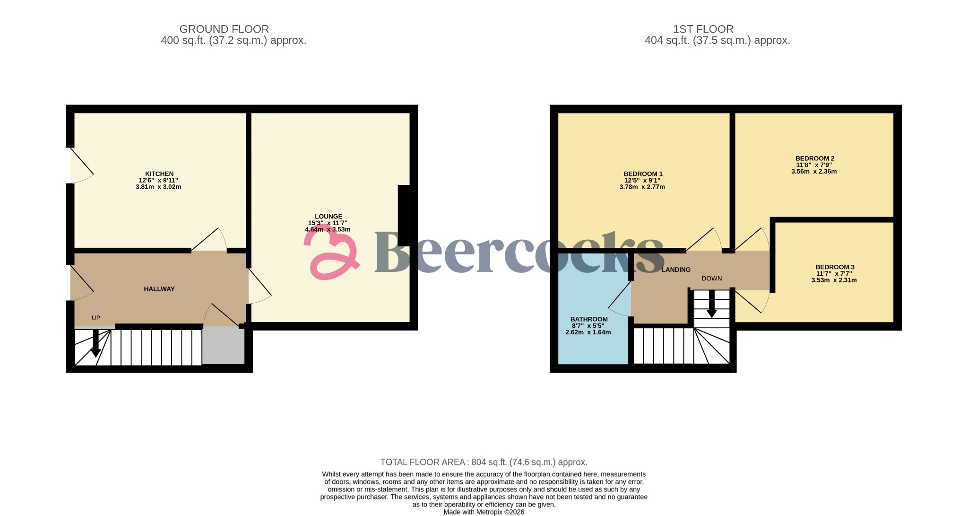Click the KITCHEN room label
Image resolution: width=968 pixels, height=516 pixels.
click(159, 174)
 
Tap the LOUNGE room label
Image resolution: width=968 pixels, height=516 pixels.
click(328, 217)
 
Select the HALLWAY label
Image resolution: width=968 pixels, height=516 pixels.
click(159, 289)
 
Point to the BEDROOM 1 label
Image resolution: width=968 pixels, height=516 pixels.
click(643, 174)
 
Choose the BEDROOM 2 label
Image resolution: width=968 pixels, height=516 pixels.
click(814, 158)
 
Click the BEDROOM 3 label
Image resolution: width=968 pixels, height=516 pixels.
click(834, 267)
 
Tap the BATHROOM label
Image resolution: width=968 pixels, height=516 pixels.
click(588, 319)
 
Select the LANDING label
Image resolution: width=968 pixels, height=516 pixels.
click(676, 270)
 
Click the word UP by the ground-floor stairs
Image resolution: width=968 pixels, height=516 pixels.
click(96, 318)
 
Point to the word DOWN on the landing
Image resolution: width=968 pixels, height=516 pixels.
click(711, 279)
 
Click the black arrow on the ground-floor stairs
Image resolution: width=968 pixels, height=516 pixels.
click(95, 344)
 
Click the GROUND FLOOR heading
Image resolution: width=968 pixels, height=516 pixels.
click(224, 29)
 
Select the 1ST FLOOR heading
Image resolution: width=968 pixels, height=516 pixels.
click(703, 29)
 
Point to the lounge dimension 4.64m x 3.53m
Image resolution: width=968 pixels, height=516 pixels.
click(328, 230)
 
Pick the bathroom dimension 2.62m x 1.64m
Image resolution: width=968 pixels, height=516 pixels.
click(588, 332)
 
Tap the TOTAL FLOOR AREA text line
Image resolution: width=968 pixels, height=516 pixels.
click(484, 462)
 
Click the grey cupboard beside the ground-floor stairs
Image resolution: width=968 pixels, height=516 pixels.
click(223, 346)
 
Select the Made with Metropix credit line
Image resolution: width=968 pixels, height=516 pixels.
click(484, 512)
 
